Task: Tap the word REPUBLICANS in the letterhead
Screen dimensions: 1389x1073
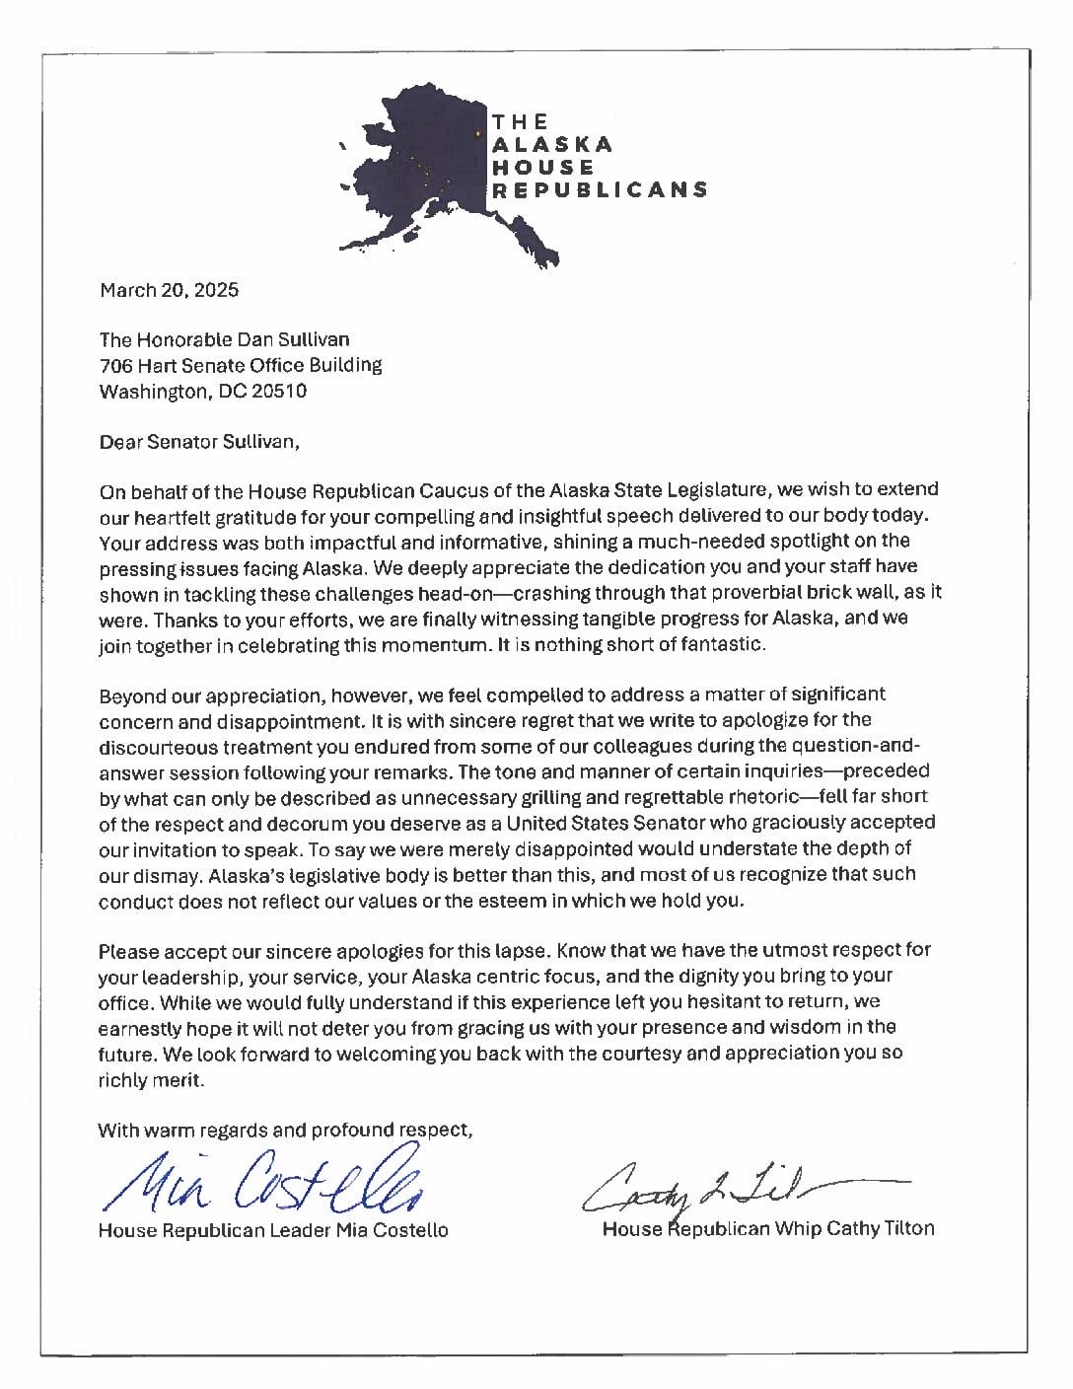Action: (x=600, y=190)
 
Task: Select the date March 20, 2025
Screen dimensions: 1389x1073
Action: (x=169, y=290)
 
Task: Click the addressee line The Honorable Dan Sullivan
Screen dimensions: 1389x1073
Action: (x=224, y=339)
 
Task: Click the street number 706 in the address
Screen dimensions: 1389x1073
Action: (x=114, y=365)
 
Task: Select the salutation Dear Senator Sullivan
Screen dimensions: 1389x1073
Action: (x=198, y=442)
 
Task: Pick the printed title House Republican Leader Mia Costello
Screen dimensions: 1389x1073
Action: (x=273, y=1230)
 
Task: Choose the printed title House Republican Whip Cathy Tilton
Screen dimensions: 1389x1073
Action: (x=768, y=1228)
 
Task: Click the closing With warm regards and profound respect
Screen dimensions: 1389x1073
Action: (x=285, y=1131)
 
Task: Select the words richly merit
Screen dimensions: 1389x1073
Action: (x=151, y=1079)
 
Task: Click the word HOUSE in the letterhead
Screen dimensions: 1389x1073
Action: (x=543, y=168)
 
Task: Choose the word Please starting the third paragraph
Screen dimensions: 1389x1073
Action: (x=128, y=950)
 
